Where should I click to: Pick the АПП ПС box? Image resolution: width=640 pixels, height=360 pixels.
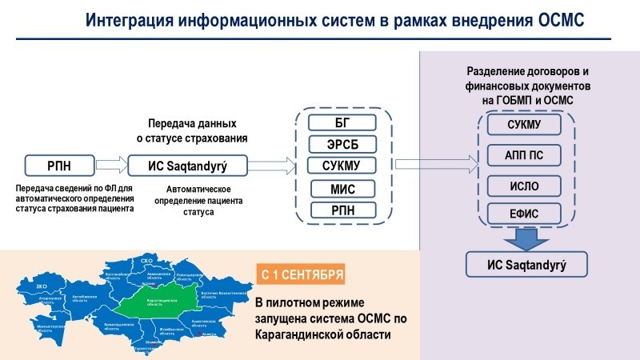click(525, 154)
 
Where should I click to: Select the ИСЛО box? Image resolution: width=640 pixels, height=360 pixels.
click(525, 186)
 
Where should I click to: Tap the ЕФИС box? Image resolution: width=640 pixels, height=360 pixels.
click(525, 214)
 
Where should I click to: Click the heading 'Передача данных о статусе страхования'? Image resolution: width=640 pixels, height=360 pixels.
click(192, 131)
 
